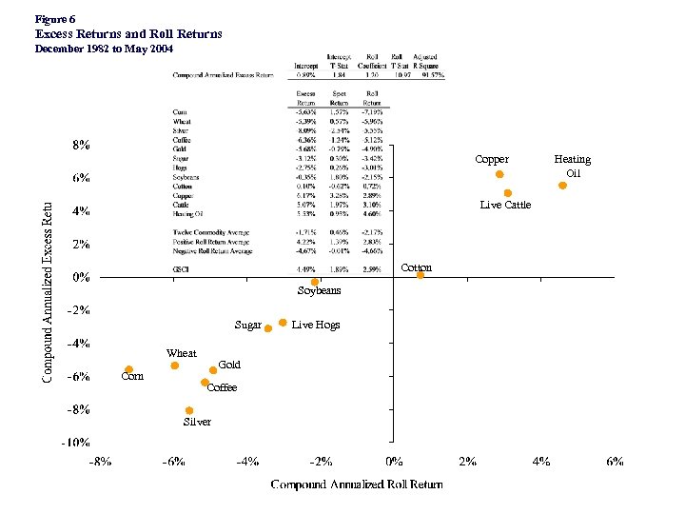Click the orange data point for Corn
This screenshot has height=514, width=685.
[128, 369]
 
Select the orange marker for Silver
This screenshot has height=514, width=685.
[189, 410]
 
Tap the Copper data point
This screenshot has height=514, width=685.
[499, 174]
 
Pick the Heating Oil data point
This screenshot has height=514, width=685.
[562, 186]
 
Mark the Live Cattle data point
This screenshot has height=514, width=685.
[507, 193]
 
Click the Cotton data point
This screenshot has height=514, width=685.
[420, 275]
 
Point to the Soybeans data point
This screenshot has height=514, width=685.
[315, 282]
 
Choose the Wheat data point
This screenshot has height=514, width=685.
[174, 366]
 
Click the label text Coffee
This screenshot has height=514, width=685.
[222, 387]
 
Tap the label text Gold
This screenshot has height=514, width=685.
[229, 365]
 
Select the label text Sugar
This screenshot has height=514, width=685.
[247, 325]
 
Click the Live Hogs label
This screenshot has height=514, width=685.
[315, 325]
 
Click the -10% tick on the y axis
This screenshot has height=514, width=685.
[77, 443]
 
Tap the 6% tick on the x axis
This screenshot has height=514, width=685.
[615, 462]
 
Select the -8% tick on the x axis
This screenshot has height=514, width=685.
[99, 462]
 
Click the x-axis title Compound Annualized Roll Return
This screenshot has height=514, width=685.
[356, 484]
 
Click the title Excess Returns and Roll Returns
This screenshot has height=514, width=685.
[128, 33]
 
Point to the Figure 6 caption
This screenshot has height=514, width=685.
[54, 18]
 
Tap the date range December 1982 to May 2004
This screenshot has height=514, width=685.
[105, 48]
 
